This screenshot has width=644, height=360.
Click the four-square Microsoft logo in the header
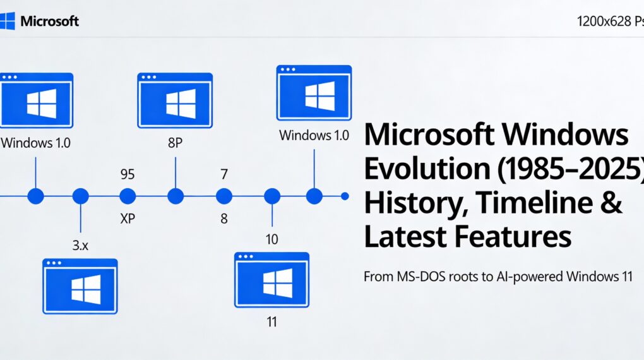tap(8, 21)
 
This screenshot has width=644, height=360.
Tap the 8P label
tap(176, 143)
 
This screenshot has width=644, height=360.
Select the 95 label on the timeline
tap(128, 174)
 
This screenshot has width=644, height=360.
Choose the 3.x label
tap(80, 246)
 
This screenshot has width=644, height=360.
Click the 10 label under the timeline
tap(272, 239)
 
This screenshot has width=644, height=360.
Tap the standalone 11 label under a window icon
tap(272, 321)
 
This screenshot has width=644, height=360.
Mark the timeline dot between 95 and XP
tap(128, 196)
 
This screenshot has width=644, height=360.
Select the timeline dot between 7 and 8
tap(224, 196)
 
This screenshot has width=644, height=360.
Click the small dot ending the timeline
tap(345, 196)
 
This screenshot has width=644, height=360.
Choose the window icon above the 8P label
tap(175, 100)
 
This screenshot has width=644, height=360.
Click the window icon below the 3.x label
tap(80, 286)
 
